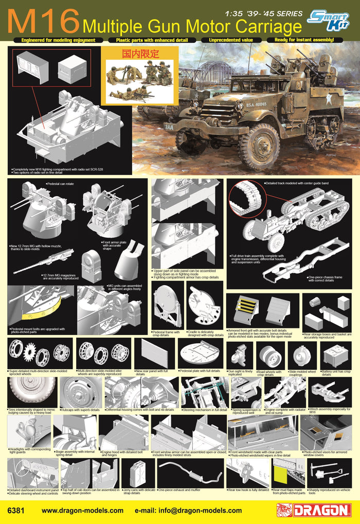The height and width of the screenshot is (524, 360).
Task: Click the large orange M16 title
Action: [x=44, y=21]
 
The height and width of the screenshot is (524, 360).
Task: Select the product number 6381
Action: [x=18, y=511]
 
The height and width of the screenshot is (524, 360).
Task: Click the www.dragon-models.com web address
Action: [x=82, y=511]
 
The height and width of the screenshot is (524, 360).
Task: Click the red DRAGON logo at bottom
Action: [x=314, y=510]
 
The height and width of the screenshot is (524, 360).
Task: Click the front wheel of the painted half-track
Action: [x=258, y=146]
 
